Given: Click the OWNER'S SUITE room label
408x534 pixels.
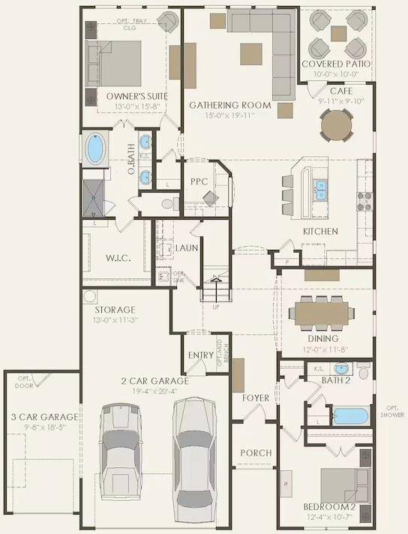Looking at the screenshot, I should [x=136, y=97].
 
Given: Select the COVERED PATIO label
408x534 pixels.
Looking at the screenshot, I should [x=336, y=64].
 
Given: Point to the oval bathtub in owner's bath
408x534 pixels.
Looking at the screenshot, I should [x=95, y=148].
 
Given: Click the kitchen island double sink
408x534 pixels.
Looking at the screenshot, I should [x=320, y=190].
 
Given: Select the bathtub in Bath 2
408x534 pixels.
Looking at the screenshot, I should [x=349, y=415].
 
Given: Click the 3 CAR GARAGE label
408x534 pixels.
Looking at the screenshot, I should [x=40, y=417].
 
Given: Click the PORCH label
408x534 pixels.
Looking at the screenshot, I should [x=255, y=453].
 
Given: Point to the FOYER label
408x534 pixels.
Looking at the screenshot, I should [x=255, y=397].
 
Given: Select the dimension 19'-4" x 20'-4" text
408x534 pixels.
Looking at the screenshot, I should [x=155, y=390].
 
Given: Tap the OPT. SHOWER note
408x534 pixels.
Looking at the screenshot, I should [x=391, y=411].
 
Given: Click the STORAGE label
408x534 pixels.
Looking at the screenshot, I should [x=115, y=310].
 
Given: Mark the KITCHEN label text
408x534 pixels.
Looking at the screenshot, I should [x=320, y=232].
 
